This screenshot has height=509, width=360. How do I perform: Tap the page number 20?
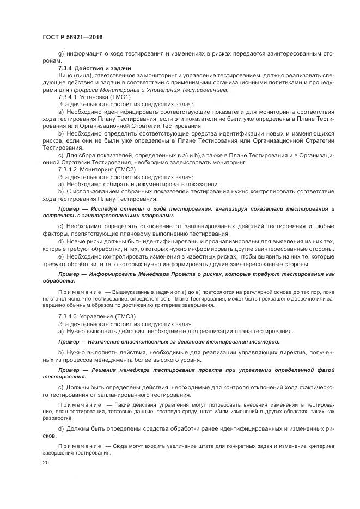45,463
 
